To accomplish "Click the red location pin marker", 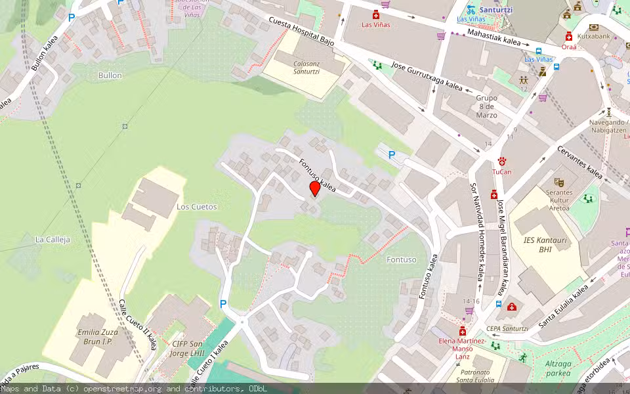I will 315,189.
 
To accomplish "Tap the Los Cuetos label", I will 196,207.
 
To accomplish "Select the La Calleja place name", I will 52,240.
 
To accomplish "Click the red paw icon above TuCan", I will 502,161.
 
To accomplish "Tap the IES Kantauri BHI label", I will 545,244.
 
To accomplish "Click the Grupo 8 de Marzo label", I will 486,106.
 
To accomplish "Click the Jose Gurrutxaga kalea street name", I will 427,77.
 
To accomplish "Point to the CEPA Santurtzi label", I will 507,329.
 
